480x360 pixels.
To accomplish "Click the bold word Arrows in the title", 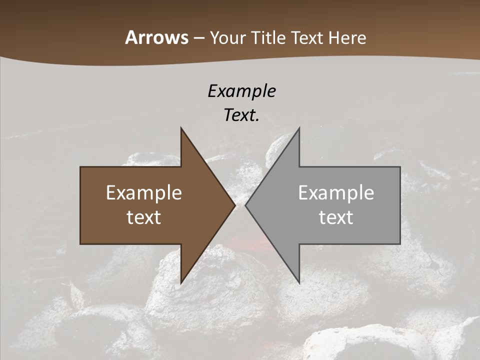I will [x=157, y=37].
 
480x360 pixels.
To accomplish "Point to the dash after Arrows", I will [x=199, y=38].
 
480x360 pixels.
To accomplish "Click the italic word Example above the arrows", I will [x=242, y=91].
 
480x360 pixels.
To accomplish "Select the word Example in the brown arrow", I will [x=144, y=193].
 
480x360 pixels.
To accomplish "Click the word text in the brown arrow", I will [x=144, y=217].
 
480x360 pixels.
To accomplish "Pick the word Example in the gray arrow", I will [x=336, y=193].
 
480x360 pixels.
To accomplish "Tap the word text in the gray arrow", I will [x=336, y=217].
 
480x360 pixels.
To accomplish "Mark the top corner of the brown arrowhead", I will [x=181, y=128].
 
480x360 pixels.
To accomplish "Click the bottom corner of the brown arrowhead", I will [x=181, y=282].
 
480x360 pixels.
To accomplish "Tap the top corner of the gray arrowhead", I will [x=299, y=128].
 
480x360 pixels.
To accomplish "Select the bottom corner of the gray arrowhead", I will [x=299, y=282].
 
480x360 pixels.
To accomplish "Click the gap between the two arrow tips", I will [x=240, y=205].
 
